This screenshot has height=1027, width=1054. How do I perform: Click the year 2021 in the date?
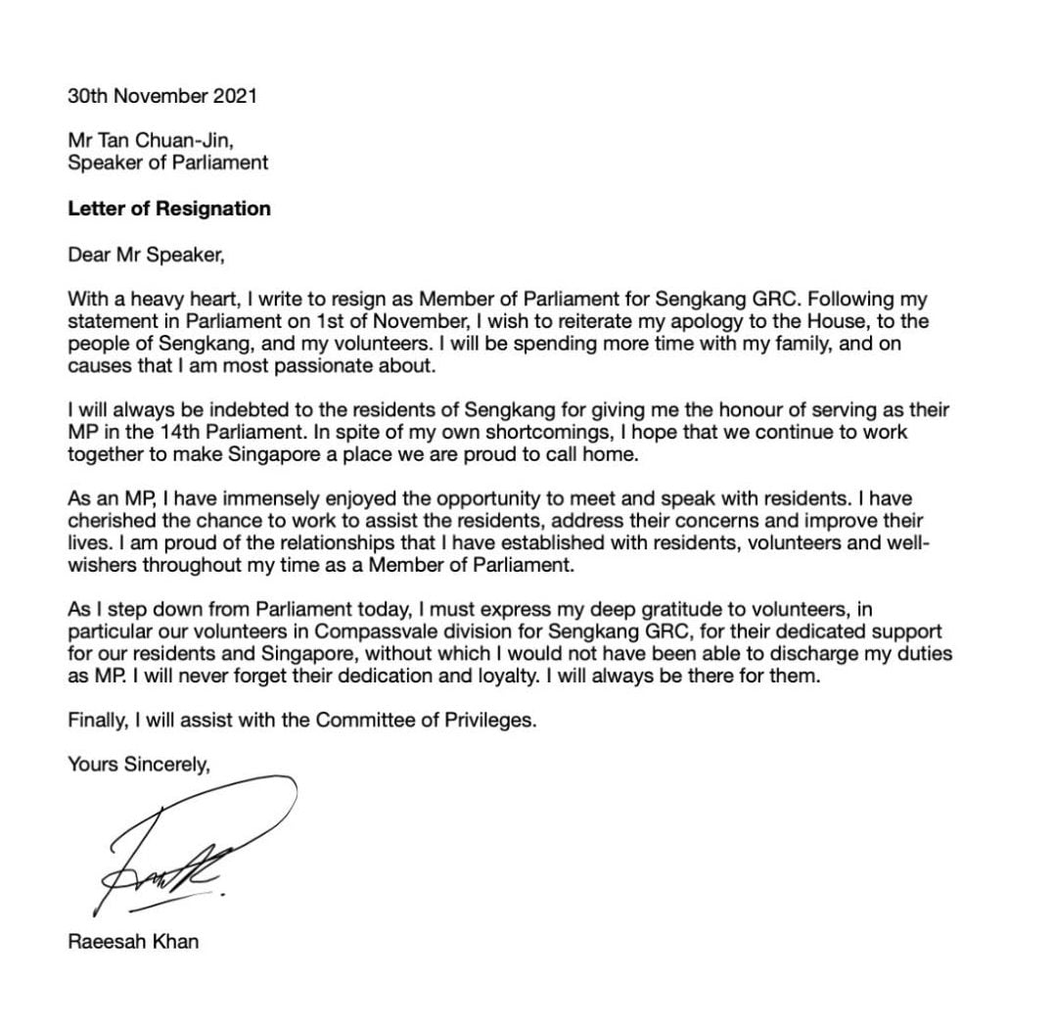(237, 97)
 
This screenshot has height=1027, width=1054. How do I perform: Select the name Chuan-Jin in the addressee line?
(186, 142)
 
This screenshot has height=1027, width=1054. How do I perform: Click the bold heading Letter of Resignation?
(169, 209)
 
